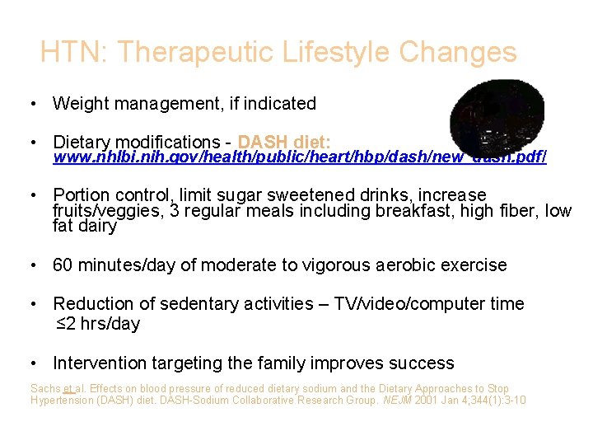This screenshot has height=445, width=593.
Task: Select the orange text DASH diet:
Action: coord(284,142)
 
